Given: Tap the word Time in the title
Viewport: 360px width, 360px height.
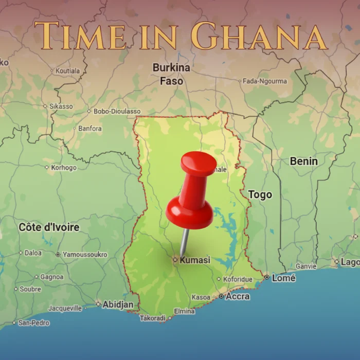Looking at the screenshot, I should tap(81, 36).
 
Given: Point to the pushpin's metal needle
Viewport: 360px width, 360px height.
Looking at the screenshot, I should tap(184, 242).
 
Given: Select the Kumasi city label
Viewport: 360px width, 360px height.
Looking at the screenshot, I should tap(194, 260).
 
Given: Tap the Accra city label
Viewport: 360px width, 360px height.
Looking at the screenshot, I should tap(238, 296).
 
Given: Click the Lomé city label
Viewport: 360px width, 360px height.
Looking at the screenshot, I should tap(284, 278).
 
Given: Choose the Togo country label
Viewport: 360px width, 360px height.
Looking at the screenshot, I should tap(260, 195).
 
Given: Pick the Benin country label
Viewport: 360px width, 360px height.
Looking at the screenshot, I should tap(303, 161).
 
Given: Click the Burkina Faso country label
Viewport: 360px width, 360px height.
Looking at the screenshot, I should tap(171, 74).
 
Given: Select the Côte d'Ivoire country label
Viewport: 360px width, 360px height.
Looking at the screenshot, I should tap(49, 227).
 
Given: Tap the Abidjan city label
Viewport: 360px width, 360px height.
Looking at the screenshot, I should tap(117, 304).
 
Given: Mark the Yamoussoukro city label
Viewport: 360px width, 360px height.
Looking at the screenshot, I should tap(85, 255).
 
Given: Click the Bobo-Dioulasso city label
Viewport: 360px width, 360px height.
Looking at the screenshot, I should tap(117, 111).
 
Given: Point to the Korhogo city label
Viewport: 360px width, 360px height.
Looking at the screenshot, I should tap(64, 168).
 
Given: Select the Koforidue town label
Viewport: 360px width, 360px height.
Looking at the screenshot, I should tap(238, 279).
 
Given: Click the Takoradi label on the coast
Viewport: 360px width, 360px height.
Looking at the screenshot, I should tap(153, 318).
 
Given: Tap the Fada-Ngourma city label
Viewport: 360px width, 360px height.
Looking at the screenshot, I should tap(264, 81).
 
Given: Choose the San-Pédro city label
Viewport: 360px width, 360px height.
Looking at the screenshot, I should tap(34, 323).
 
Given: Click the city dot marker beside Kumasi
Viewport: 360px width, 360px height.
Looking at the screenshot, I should tap(175, 260).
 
